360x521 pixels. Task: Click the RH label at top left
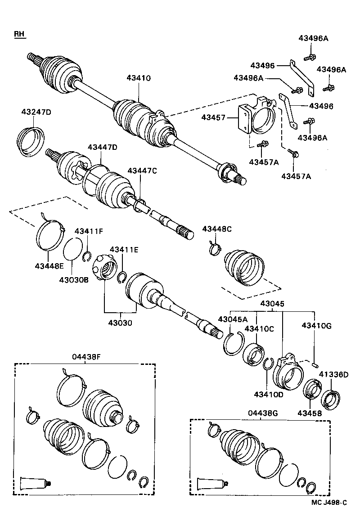pos(19,34)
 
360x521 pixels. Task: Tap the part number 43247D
pos(36,112)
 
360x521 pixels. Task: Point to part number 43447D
pos(102,147)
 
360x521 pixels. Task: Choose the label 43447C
pos(142,171)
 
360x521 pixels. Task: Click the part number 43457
pos(213,117)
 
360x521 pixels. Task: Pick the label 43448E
pos(49,266)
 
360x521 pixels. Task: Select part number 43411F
pos(89,231)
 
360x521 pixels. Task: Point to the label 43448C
pos(217,229)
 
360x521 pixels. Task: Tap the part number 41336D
pos(334,374)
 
